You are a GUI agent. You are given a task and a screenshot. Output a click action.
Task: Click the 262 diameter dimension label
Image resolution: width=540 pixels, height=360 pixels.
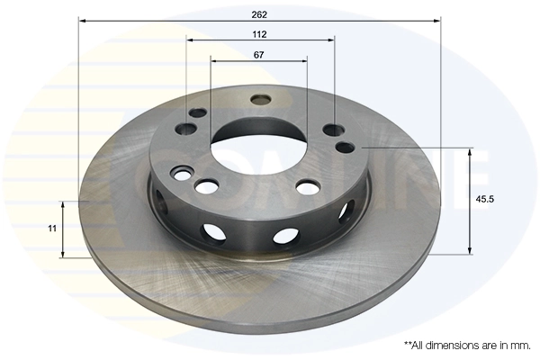pos(259,14)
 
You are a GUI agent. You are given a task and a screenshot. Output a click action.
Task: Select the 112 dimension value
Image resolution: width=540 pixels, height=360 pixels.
pos(259,34)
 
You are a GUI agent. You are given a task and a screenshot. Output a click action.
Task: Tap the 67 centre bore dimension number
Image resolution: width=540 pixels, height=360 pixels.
pos(258,55)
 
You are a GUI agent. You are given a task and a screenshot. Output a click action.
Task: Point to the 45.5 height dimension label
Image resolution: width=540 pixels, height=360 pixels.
pos(484,199)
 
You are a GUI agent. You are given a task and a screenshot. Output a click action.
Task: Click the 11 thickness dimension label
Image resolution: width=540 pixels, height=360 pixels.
pos(52,229)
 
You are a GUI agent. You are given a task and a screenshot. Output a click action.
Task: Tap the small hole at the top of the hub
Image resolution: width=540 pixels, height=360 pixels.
pos(261,100)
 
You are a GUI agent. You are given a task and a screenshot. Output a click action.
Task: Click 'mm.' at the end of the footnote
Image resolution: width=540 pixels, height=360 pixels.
pos(522,346)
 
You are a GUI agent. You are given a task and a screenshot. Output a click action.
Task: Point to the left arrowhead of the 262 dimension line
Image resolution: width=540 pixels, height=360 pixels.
pos(83,22)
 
